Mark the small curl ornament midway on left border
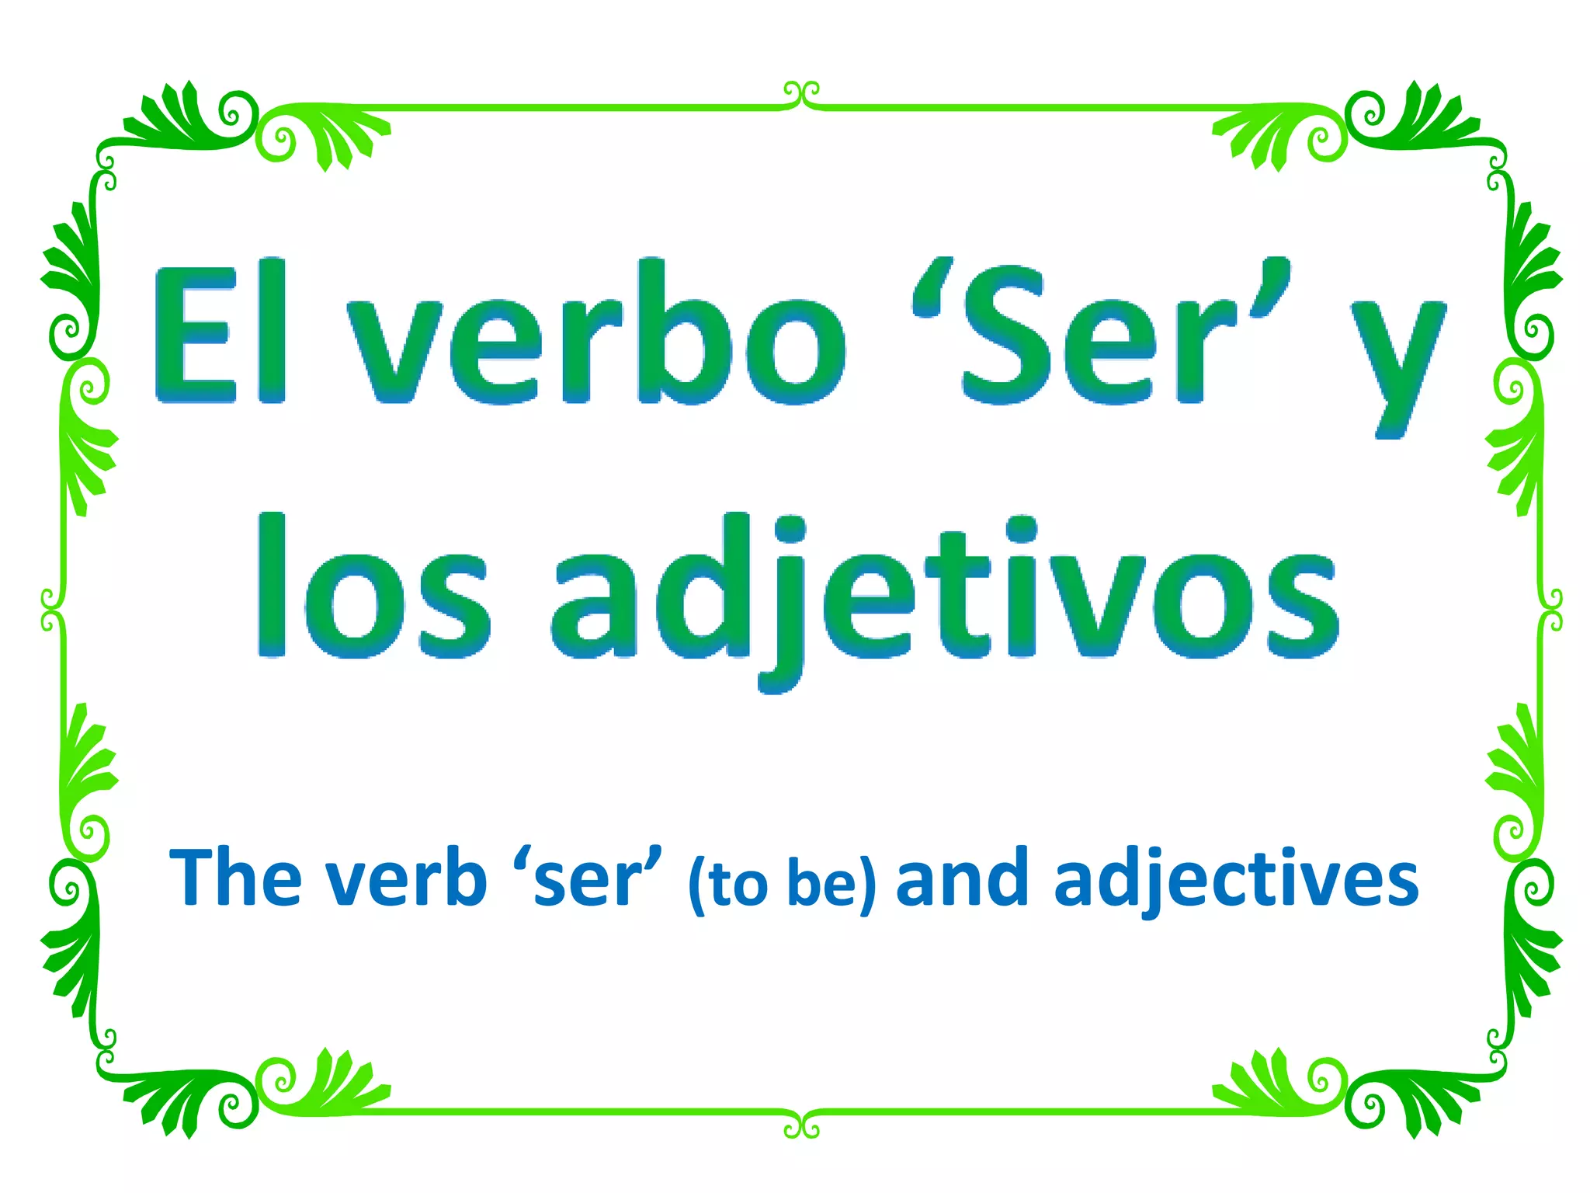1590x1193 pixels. pos(51,610)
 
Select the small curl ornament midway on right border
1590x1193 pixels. pos(1552,610)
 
